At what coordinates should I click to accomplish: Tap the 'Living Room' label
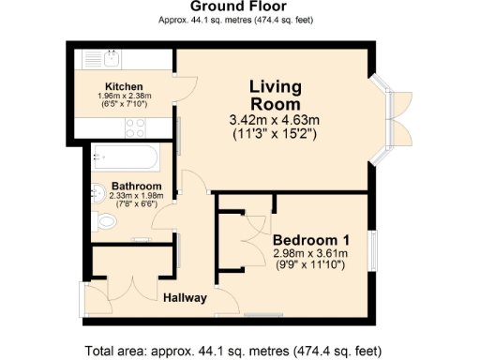(276, 97)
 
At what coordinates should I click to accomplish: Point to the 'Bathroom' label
(137, 187)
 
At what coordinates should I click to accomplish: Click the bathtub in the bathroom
(131, 156)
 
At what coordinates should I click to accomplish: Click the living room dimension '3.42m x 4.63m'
(275, 120)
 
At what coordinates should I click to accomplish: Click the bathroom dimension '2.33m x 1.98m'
(137, 196)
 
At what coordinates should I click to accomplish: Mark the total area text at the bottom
(239, 351)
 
